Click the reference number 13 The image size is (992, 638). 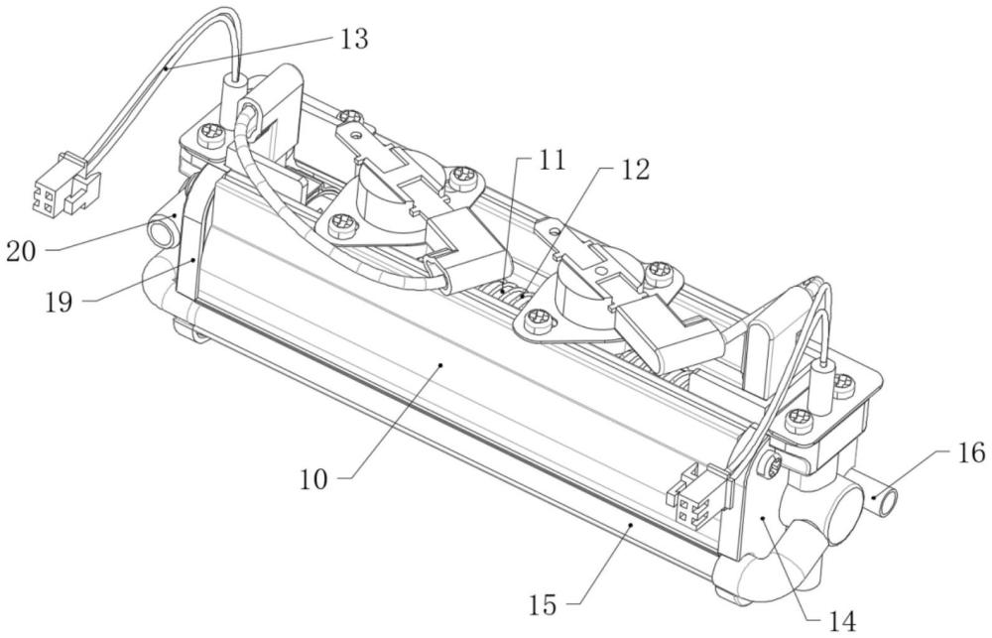(x=354, y=40)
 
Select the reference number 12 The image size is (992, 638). (x=635, y=169)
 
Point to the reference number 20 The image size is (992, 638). (x=21, y=252)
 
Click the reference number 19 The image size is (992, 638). (x=59, y=302)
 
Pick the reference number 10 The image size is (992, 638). (x=313, y=479)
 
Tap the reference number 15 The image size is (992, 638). (x=544, y=605)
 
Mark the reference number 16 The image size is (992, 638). (x=971, y=452)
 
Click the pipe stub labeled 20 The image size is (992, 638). (x=164, y=230)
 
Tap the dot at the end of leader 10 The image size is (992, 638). (x=441, y=364)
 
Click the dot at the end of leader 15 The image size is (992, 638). (x=630, y=525)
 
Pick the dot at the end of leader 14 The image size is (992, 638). (x=764, y=518)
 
